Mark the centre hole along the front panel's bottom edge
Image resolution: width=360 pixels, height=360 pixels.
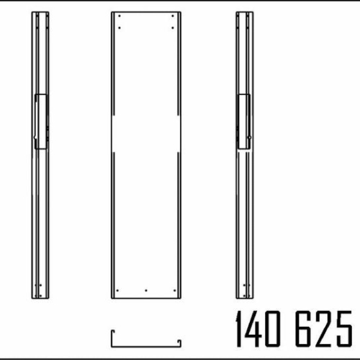146,290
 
